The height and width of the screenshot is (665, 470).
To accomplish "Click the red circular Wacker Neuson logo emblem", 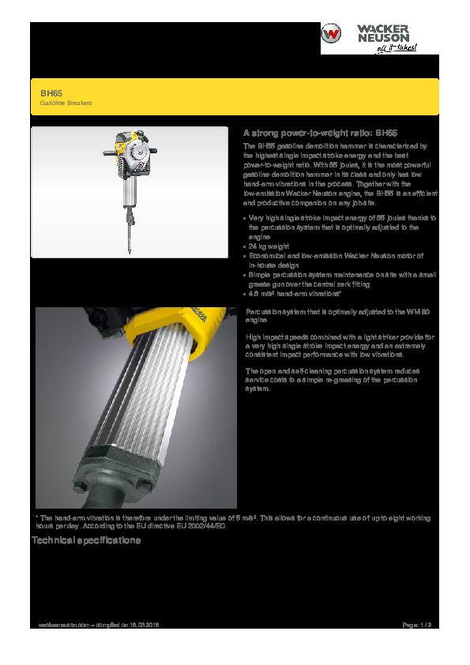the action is (332, 36).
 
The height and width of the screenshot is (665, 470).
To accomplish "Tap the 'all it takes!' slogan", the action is (394, 47).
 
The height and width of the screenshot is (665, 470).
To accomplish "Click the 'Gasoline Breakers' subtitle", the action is (66, 103).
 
